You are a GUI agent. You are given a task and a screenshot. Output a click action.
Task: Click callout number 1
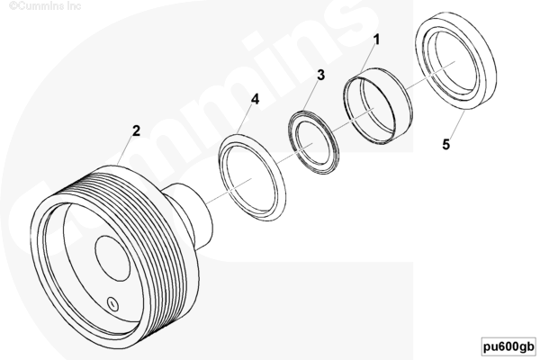(x=377, y=40)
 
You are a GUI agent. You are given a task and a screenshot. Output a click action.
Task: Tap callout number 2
(x=137, y=130)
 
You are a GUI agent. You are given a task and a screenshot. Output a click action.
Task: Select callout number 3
(x=320, y=75)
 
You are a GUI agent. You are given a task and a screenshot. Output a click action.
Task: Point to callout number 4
(x=255, y=99)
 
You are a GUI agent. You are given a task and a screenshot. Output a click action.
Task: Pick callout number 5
(x=446, y=144)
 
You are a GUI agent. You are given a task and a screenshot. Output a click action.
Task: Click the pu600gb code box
(x=509, y=346)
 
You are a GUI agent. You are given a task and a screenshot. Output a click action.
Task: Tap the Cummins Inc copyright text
(x=45, y=6)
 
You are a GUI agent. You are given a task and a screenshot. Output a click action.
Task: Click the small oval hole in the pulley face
(x=112, y=304)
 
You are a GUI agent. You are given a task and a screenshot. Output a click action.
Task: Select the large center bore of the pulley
(x=112, y=258)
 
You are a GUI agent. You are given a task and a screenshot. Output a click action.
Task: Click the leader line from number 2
(x=125, y=150)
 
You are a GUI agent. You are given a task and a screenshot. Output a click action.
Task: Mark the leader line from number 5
(x=456, y=124)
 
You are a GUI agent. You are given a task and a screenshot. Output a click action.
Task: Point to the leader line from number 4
(x=246, y=119)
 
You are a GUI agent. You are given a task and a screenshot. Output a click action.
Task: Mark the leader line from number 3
(x=311, y=95)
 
